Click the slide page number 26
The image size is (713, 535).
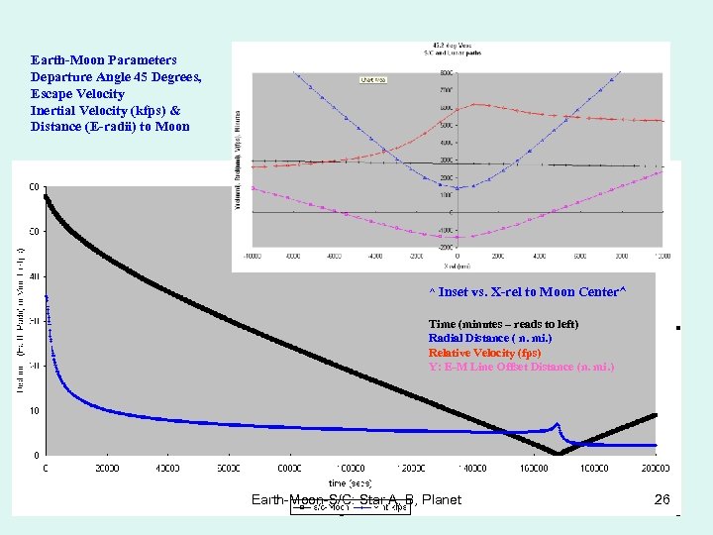[662, 499]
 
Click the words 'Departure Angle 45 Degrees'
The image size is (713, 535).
[116, 77]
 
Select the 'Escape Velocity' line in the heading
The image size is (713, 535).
[77, 94]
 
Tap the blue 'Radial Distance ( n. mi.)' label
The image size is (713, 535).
[490, 339]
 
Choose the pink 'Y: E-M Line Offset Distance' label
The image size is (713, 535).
[521, 367]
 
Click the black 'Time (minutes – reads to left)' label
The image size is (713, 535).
[503, 324]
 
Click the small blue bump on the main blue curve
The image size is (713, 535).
[557, 424]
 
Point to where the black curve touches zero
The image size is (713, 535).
[560, 454]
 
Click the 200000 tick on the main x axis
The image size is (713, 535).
[655, 468]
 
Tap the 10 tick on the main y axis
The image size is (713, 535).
[34, 410]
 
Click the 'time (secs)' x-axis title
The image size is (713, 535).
[350, 481]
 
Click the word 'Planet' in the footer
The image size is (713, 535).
[441, 499]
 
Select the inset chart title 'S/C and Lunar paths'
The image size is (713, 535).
[451, 53]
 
